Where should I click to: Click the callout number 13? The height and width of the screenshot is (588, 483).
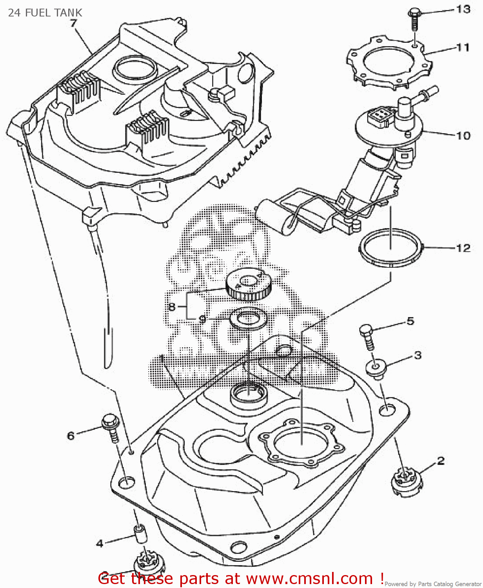pos(463,9)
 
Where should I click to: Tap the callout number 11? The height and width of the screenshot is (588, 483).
pos(463,47)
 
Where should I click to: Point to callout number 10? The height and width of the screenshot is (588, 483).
pos(463,136)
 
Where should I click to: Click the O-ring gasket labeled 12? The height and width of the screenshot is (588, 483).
pos(390,249)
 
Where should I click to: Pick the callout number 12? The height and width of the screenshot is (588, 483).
pos(463,248)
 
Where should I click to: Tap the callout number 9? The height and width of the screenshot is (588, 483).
pos(202,319)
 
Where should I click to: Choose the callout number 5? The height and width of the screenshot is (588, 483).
pos(410,321)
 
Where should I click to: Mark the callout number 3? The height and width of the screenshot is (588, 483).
pos(418,355)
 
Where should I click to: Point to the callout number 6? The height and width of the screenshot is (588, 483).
pos(71,436)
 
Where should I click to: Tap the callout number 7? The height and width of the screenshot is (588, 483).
pos(73,23)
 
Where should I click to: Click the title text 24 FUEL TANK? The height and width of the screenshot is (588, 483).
pos(45,13)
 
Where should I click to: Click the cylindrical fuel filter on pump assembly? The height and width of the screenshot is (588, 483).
pos(274,216)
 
